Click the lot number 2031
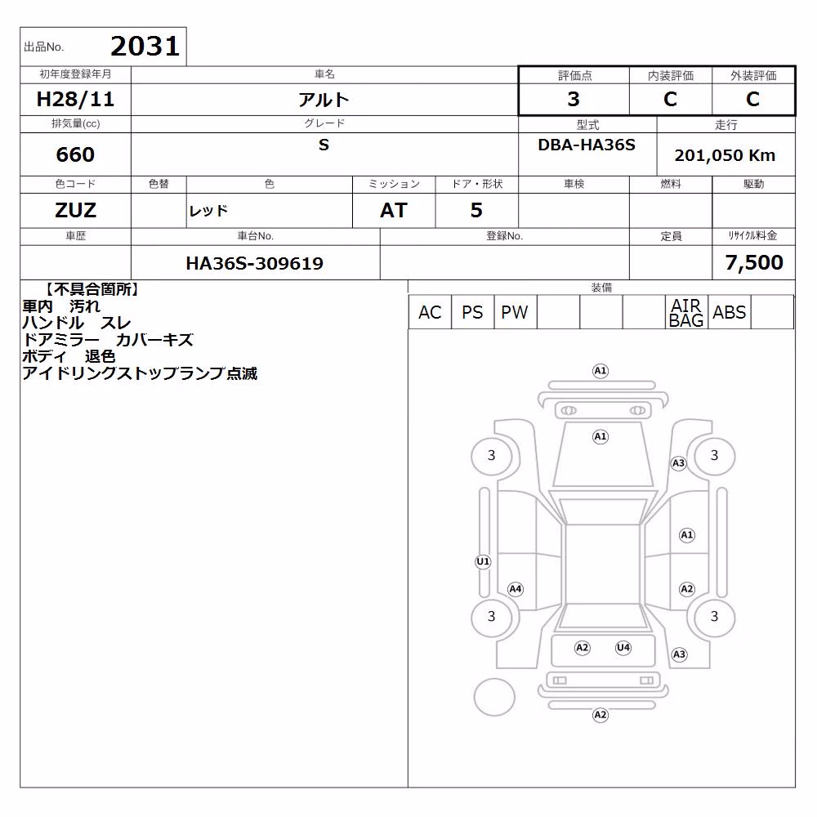[145, 47]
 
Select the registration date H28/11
[75, 99]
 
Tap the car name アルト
[324, 100]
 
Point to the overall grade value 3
[574, 99]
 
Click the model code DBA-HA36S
[587, 145]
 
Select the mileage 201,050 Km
[725, 155]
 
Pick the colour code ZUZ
[75, 211]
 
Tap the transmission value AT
[394, 211]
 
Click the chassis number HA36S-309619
[254, 263]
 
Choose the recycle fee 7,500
[754, 262]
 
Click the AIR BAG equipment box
[686, 312]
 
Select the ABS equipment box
[729, 312]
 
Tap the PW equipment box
[515, 312]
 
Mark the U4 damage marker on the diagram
[623, 648]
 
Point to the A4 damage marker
[516, 589]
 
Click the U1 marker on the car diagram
[483, 562]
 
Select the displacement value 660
[75, 154]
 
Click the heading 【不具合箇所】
[92, 289]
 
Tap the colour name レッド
[208, 211]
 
